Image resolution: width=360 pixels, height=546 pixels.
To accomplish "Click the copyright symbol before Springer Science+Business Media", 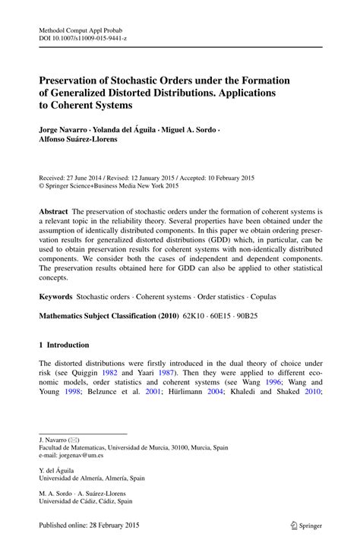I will coord(42,184).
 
